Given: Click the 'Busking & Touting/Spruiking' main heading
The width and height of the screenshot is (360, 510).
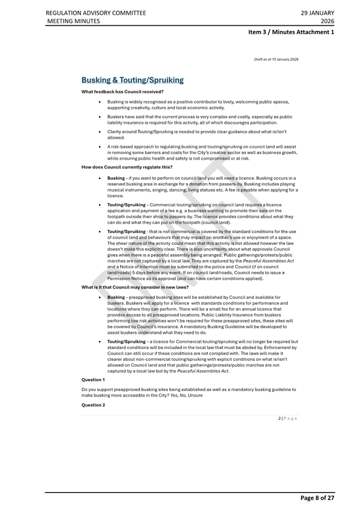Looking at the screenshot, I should tap(132, 80).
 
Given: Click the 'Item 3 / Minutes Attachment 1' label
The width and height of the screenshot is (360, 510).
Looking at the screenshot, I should tap(291, 32).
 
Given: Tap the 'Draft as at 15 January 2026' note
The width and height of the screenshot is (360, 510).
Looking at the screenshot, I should tap(276, 59).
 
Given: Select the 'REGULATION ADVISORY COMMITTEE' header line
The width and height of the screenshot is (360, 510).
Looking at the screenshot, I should tap(96, 13).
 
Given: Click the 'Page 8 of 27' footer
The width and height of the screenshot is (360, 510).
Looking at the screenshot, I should tap(317, 498).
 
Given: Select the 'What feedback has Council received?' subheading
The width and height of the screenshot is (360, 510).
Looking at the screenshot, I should tap(123, 91).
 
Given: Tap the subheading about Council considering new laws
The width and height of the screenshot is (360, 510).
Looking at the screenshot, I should tap(135, 287).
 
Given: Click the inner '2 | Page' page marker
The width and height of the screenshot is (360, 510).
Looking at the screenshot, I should tap(287, 419).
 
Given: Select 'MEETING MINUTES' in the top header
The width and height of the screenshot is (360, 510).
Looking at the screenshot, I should tap(73, 21).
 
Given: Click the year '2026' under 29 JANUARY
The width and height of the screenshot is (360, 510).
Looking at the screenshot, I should tap(328, 21).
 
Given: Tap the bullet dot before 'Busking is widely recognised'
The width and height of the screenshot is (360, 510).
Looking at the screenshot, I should tap(100, 102).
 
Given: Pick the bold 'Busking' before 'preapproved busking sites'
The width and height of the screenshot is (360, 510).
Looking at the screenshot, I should tap(116, 297).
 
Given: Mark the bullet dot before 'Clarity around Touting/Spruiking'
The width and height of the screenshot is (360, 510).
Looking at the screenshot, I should tap(100, 132).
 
